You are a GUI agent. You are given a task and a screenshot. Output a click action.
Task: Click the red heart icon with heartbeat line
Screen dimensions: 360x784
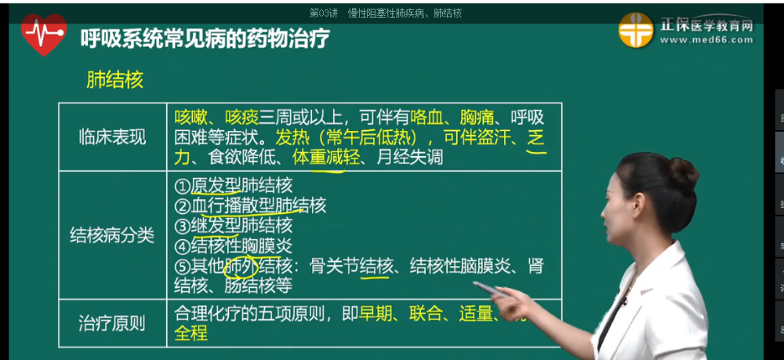44,35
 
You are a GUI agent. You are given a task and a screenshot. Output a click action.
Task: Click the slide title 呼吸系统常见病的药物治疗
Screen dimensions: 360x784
205,38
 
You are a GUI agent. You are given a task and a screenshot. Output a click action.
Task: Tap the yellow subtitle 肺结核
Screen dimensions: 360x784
114,80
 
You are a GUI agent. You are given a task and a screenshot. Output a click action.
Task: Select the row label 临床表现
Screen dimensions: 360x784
112,137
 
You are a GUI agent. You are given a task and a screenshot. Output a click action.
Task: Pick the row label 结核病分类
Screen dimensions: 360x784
112,234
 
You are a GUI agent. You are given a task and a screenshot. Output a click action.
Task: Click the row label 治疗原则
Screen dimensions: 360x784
112,323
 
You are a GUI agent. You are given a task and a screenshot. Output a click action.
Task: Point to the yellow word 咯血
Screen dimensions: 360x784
426,118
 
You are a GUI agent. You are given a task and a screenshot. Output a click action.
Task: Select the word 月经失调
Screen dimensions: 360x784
409,157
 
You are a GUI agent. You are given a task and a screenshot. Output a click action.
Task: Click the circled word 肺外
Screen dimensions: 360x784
241,266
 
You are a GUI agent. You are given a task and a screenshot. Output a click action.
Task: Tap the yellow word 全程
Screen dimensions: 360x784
191,333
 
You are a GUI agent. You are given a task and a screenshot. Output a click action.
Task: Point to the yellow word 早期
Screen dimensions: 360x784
377,315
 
